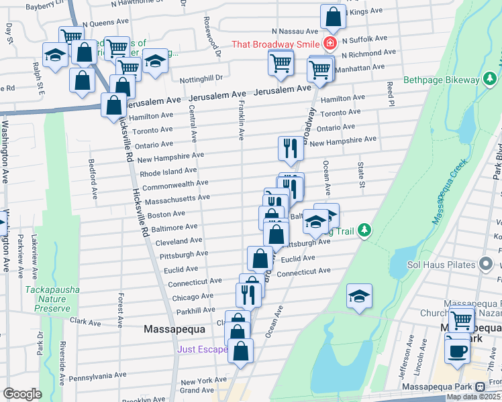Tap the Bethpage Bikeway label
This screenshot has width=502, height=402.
[442, 80]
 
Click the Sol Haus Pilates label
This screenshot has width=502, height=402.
[441, 265]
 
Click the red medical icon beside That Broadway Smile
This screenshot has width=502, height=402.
[330, 44]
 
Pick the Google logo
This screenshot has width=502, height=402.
[21, 394]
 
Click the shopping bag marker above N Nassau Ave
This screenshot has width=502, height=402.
[333, 17]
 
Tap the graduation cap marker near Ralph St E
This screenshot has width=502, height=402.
[55, 56]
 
